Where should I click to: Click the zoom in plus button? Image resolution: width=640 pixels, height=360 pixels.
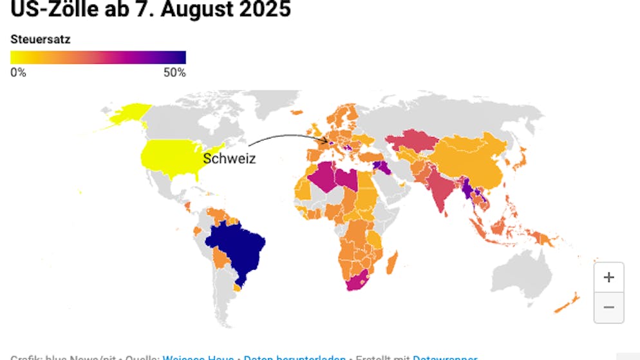(608, 278)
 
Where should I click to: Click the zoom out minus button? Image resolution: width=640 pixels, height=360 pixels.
(608, 307)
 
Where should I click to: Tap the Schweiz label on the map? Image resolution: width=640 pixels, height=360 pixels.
(229, 158)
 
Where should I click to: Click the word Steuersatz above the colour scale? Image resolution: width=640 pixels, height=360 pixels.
(41, 39)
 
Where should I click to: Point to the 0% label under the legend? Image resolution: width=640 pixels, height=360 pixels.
(19, 73)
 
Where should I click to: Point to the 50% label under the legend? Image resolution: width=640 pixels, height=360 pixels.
(174, 73)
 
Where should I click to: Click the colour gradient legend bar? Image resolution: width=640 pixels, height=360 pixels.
(98, 57)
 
